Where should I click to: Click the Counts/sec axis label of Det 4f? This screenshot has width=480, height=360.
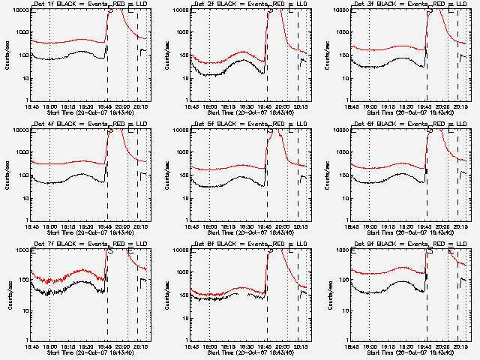click(8, 175)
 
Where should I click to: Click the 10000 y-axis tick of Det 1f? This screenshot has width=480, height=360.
click(19, 10)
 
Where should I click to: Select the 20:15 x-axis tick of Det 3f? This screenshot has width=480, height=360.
click(459, 106)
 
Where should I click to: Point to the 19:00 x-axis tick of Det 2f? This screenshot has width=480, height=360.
click(210, 106)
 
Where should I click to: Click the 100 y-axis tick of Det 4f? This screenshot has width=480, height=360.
click(22, 175)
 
